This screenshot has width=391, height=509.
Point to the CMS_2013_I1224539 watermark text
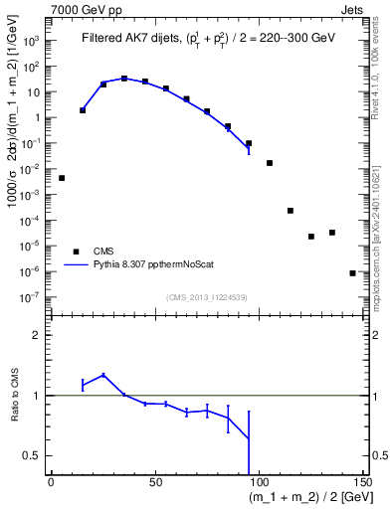[x=209, y=296]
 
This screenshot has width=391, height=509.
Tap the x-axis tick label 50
[x=154, y=480]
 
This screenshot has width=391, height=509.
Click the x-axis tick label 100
[x=259, y=480]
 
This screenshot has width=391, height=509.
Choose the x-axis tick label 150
[x=362, y=480]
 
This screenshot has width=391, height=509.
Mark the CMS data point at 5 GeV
[x=62, y=178]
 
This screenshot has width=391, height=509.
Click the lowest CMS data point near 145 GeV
[x=352, y=272]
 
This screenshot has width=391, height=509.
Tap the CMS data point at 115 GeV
[x=291, y=211]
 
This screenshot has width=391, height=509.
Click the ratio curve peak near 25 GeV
[x=103, y=375]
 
